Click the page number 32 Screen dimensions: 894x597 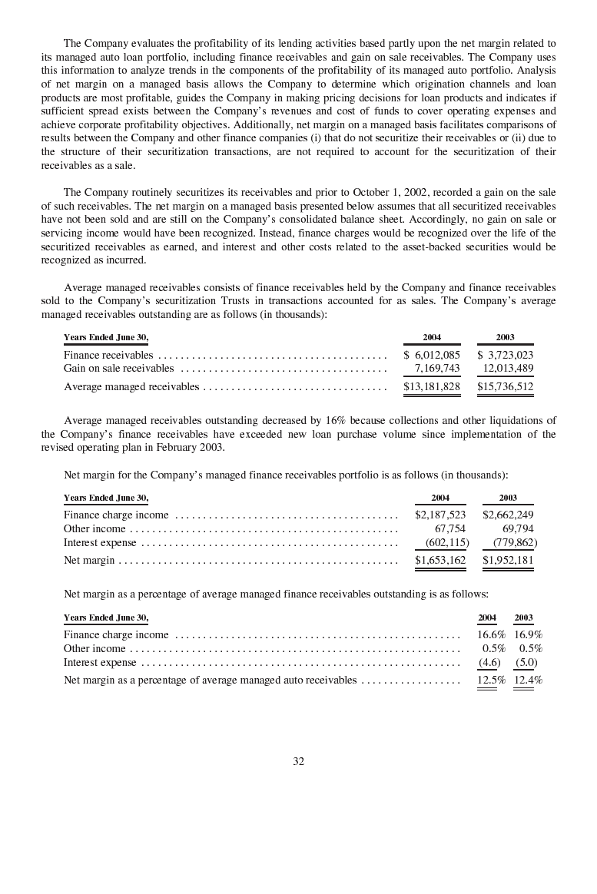(x=299, y=761)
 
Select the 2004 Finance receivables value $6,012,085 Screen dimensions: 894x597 (x=432, y=355)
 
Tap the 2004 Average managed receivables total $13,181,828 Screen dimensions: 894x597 (x=432, y=386)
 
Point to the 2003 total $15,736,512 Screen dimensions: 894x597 (x=505, y=386)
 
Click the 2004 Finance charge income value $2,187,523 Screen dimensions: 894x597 (x=440, y=515)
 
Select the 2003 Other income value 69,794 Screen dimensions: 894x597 (x=518, y=528)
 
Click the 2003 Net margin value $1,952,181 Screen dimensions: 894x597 (x=508, y=561)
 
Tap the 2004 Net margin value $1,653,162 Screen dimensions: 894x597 (x=440, y=561)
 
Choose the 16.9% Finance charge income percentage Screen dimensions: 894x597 (x=528, y=634)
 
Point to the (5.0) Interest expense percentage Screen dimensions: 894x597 (x=526, y=662)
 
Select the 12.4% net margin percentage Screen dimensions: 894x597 (x=528, y=680)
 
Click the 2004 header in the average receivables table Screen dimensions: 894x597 (x=432, y=337)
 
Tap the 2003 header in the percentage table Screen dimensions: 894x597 (x=523, y=618)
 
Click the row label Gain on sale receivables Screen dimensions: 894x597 (x=118, y=369)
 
